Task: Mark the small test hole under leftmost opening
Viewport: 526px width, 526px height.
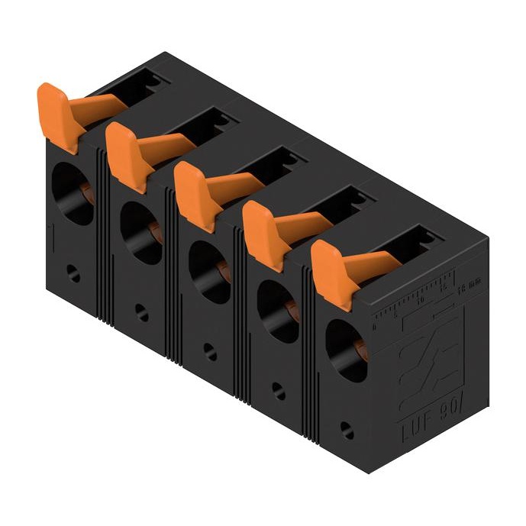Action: pyautogui.click(x=73, y=274)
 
